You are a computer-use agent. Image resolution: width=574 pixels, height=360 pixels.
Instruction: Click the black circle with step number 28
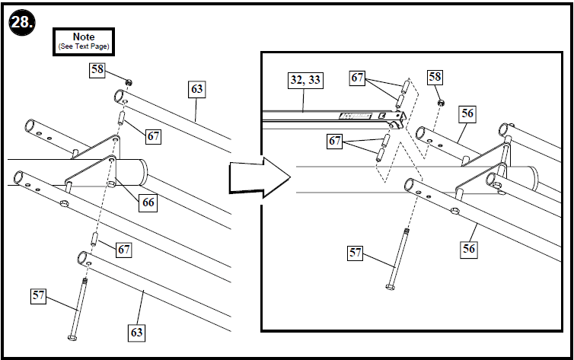tap(20, 24)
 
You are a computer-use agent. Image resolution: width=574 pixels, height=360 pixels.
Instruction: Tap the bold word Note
tap(83, 37)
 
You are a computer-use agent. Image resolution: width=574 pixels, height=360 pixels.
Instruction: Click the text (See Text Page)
tap(83, 46)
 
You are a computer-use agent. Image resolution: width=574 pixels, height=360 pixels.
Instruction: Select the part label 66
tap(148, 202)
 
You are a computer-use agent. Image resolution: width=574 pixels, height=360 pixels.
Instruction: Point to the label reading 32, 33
tap(305, 78)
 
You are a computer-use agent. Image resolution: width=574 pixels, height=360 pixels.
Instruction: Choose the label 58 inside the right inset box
tap(434, 77)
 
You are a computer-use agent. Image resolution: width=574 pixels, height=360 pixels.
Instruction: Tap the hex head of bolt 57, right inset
tap(391, 287)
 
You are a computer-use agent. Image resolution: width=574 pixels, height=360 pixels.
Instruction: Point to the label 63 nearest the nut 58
tap(197, 89)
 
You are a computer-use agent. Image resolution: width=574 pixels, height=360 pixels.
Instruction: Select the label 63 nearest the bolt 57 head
tap(136, 332)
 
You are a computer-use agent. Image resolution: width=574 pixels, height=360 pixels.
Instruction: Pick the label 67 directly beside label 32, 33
tap(359, 77)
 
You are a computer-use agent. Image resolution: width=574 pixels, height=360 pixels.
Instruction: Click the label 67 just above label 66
tap(153, 136)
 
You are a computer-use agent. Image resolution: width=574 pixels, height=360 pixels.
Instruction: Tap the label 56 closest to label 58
tap(468, 113)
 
